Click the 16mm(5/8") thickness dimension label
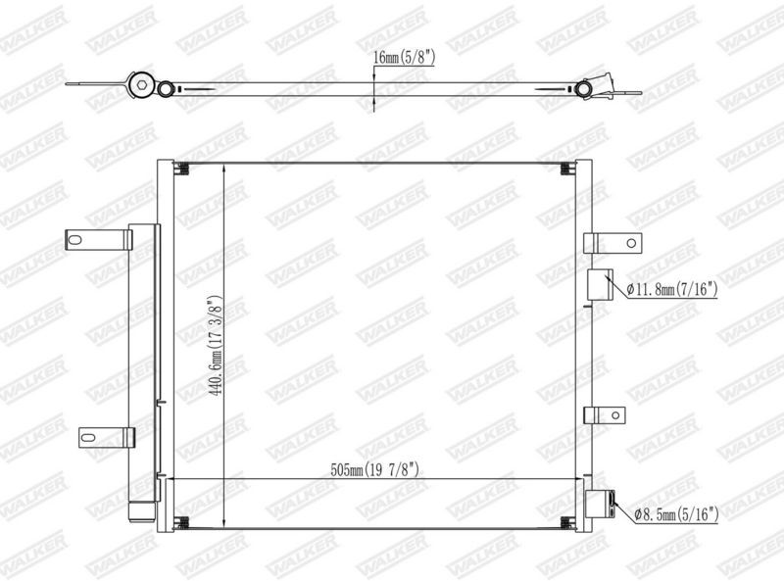[404, 58]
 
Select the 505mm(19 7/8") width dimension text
[374, 470]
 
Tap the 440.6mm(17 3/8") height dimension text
[216, 346]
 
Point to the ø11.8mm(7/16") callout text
[672, 289]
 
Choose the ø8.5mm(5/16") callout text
[676, 514]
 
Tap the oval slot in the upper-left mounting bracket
[75, 240]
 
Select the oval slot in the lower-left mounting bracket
[88, 438]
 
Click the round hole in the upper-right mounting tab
[631, 244]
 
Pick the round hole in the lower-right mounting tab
[615, 415]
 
